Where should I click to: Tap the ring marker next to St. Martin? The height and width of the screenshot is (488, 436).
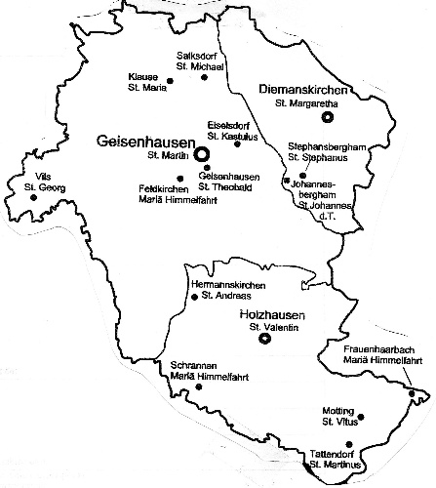[202, 154]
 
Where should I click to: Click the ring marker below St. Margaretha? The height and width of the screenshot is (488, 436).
[327, 116]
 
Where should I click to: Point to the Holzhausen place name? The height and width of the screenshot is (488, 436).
[273, 315]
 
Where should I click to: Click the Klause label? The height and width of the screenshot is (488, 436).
[142, 76]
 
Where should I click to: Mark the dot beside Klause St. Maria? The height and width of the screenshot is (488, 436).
[171, 82]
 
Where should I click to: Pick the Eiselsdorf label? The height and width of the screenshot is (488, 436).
[230, 124]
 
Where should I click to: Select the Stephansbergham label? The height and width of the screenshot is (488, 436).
[327, 145]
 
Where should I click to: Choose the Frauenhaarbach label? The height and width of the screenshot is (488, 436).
[377, 349]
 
